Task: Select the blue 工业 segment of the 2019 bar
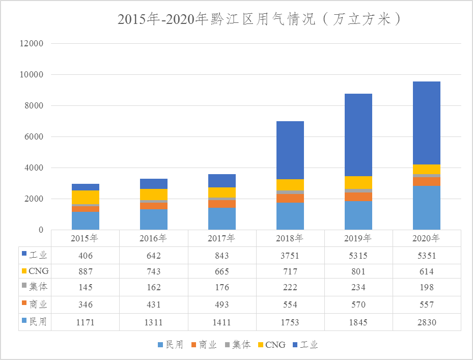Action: (x=358, y=135)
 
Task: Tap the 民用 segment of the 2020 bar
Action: (x=427, y=208)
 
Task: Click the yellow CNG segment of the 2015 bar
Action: (x=86, y=197)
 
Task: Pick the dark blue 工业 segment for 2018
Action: (x=290, y=150)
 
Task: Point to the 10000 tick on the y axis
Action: (x=31, y=75)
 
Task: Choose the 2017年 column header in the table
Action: (x=222, y=238)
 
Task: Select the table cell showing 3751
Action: (x=290, y=255)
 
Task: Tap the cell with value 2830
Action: (x=427, y=322)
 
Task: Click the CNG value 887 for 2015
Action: (x=86, y=271)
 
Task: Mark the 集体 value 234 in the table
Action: (x=358, y=288)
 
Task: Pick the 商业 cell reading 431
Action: (x=154, y=304)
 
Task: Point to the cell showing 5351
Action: (x=427, y=255)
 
